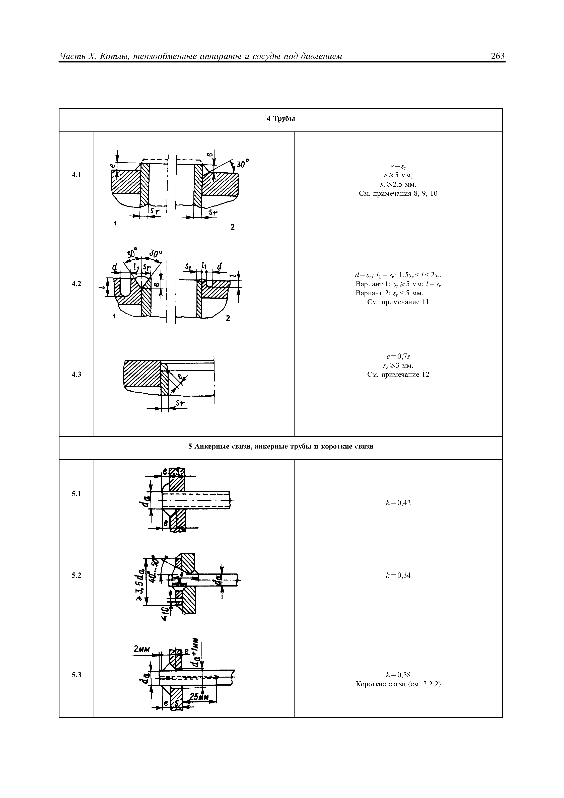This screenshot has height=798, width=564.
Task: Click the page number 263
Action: click(x=497, y=56)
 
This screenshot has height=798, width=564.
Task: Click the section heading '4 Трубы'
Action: click(x=280, y=119)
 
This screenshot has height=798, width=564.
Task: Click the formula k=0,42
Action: click(x=398, y=502)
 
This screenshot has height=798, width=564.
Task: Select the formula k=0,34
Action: click(x=398, y=575)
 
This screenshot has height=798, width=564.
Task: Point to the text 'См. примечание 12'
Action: click(x=398, y=375)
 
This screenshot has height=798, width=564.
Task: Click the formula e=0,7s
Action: click(x=398, y=356)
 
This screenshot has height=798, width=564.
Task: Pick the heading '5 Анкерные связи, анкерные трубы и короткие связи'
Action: click(x=280, y=447)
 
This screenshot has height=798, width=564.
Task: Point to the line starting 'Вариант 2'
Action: click(x=389, y=293)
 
